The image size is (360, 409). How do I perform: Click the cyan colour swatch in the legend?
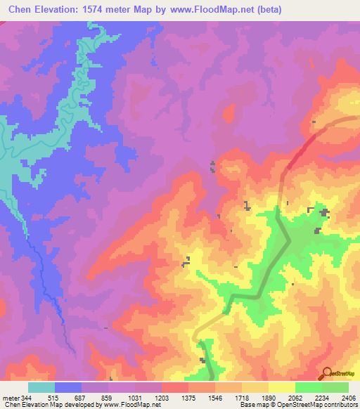[41, 387]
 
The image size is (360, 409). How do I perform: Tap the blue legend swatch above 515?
[68, 387]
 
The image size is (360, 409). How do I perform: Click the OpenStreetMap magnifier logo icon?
[326, 373]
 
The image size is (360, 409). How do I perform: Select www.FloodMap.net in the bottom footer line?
[131, 405]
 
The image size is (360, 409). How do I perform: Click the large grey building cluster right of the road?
[324, 212]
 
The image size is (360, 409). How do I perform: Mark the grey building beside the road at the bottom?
[202, 361]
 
